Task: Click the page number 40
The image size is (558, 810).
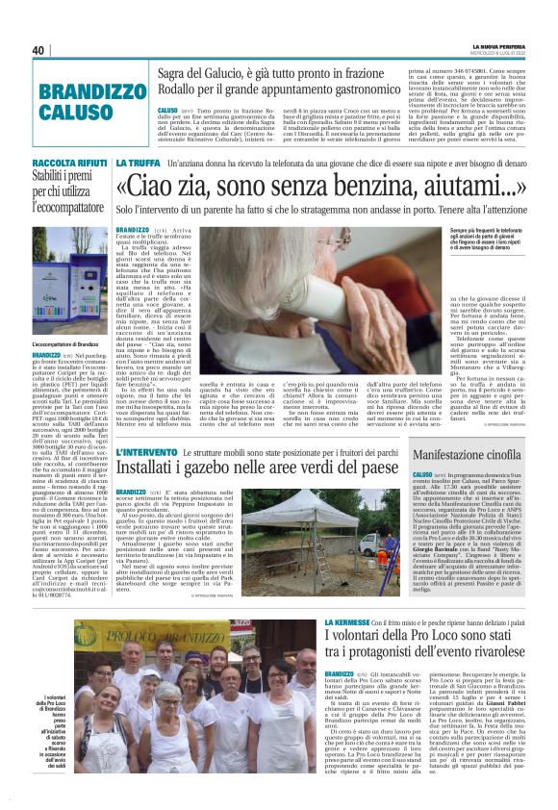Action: click(38, 51)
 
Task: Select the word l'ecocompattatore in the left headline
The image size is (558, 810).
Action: click(67, 206)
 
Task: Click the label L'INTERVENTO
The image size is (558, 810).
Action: click(144, 452)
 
